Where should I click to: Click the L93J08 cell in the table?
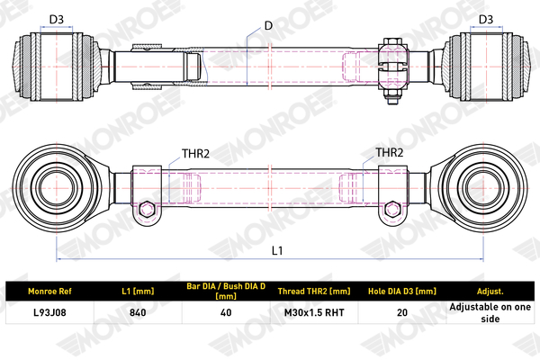tap(49, 312)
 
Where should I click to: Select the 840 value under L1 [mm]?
tap(138, 312)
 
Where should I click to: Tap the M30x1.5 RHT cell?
tap(314, 312)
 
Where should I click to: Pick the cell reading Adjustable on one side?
tap(490, 312)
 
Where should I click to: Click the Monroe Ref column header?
tap(49, 291)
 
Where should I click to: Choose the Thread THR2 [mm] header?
tap(314, 291)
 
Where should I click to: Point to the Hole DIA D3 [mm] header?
tap(402, 291)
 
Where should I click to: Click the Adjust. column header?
tap(490, 291)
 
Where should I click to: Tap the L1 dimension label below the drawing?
tap(277, 250)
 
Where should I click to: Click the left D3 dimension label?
tap(57, 19)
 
